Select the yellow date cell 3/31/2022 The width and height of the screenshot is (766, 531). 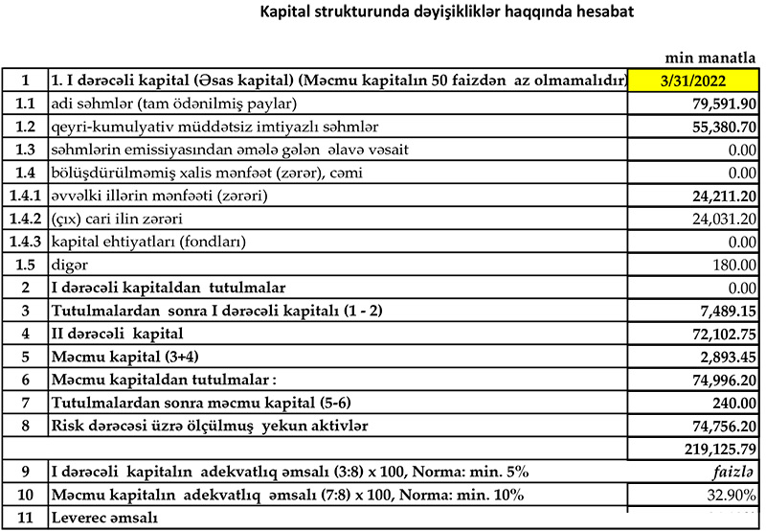(x=694, y=81)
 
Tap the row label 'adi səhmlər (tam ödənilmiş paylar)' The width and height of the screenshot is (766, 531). (x=177, y=104)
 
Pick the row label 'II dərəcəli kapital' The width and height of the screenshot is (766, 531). (x=117, y=333)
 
